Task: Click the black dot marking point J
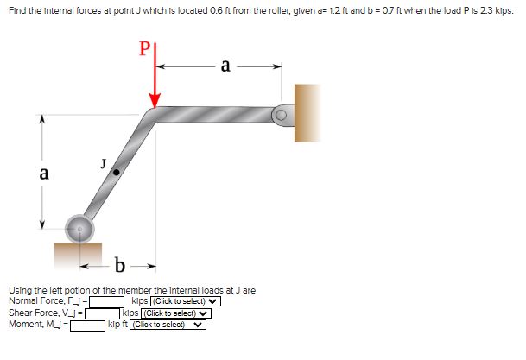click(x=117, y=173)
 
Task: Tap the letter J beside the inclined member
click(x=103, y=162)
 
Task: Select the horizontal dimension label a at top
click(x=225, y=65)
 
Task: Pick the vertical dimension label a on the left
click(x=43, y=173)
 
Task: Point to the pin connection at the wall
click(x=282, y=113)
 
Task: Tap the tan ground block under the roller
click(x=77, y=253)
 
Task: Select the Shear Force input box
click(x=103, y=313)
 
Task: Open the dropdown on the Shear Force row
click(x=176, y=313)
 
